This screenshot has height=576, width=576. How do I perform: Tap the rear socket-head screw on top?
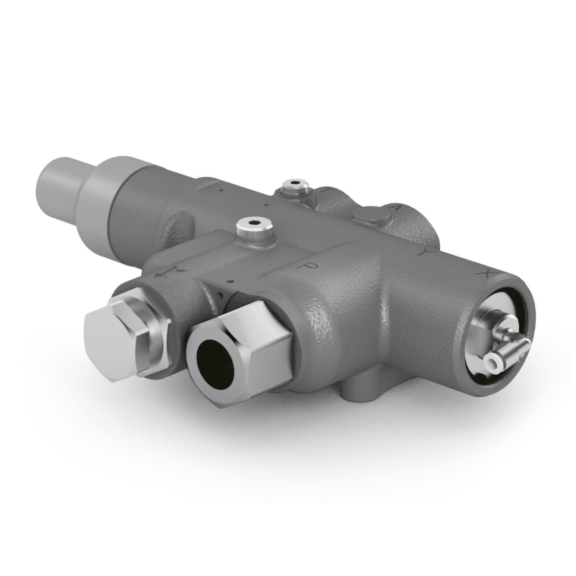click(x=295, y=186)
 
